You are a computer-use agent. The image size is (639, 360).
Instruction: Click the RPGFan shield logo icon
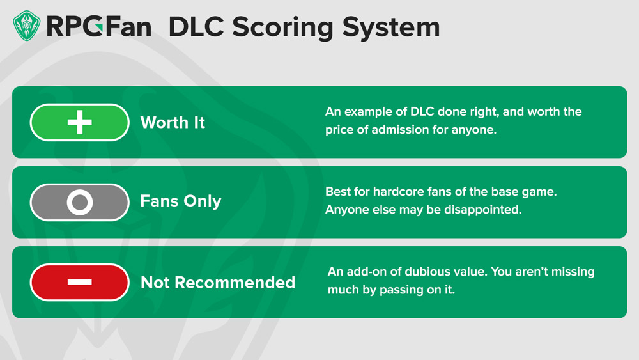pos(26,26)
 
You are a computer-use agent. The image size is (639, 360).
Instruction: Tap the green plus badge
pos(79,122)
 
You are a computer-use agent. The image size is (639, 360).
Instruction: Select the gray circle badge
pos(79,202)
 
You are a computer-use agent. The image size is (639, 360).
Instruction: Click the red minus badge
pos(79,282)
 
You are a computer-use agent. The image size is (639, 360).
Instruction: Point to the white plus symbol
pos(79,122)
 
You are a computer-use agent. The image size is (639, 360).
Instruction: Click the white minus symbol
pos(79,282)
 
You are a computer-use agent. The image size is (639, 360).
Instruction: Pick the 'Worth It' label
pos(173,122)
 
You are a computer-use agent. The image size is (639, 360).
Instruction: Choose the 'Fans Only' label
pos(181,201)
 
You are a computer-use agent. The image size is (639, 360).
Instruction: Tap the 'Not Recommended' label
pos(218,283)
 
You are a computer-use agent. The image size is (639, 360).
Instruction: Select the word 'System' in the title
pos(391,27)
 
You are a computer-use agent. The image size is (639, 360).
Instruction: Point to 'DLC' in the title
pos(196,27)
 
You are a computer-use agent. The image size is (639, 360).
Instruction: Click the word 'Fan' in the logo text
pos(129,27)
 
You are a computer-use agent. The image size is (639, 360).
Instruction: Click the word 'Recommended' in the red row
pos(235,283)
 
